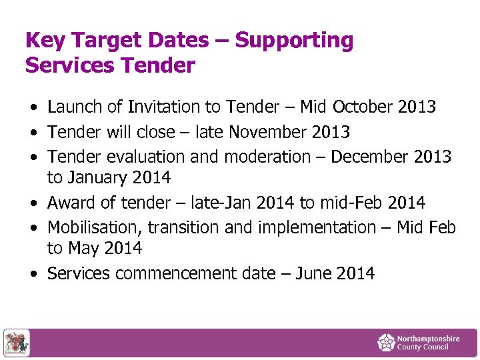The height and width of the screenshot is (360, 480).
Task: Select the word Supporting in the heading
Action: click(x=294, y=41)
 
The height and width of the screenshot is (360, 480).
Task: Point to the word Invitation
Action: click(x=163, y=107)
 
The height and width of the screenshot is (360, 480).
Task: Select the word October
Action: click(x=364, y=107)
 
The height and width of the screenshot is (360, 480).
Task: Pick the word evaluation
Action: click(x=145, y=157)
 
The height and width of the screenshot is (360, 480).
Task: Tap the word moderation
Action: click(x=267, y=157)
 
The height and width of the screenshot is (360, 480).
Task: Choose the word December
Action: click(x=369, y=157)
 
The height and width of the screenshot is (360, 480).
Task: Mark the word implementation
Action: click(x=317, y=227)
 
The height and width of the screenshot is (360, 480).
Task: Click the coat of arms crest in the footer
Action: click(x=16, y=343)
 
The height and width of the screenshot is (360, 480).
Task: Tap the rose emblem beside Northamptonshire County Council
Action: click(x=386, y=343)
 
